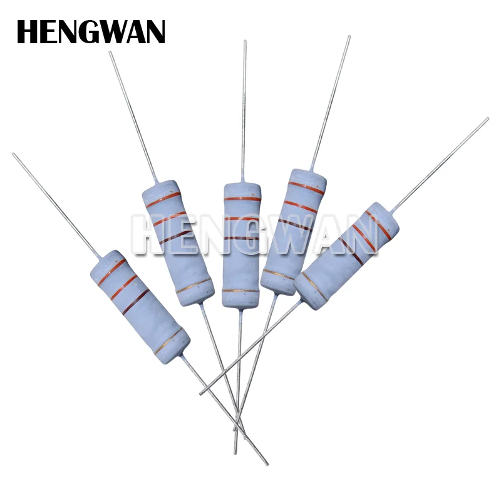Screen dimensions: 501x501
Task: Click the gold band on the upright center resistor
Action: [241, 291]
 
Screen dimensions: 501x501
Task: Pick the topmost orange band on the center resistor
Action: [242, 199]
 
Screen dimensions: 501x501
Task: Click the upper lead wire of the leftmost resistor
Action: [56, 204]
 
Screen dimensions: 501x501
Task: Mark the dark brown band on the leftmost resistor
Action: [136, 301]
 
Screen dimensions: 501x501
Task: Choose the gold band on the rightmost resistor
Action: [314, 286]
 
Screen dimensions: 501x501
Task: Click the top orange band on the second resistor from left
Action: [163, 200]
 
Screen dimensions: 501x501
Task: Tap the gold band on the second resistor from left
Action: [194, 287]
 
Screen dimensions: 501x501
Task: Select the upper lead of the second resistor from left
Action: [133, 116]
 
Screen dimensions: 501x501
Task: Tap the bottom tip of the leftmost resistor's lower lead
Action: [266, 463]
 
